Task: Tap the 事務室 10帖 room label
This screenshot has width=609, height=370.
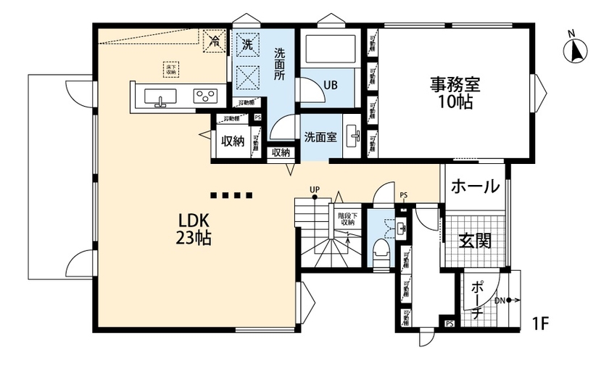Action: point(455,93)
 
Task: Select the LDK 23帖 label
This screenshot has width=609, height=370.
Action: point(191,229)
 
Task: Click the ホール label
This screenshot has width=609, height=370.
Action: point(475,186)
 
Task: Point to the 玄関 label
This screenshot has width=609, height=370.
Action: point(475,240)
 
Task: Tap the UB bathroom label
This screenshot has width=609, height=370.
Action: point(330,85)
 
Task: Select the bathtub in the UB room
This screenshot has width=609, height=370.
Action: point(330,51)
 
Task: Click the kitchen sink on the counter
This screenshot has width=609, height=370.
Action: point(160,97)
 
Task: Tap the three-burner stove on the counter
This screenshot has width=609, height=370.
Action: point(205,96)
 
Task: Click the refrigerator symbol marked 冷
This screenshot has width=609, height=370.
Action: point(215,41)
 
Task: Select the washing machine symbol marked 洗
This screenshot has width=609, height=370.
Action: point(247,44)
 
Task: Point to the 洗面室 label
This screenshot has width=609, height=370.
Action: point(319,136)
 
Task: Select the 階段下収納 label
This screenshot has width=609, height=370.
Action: point(347,218)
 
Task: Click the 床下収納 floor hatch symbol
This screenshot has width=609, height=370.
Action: point(170,69)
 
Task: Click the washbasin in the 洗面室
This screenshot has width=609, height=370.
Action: point(353,135)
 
